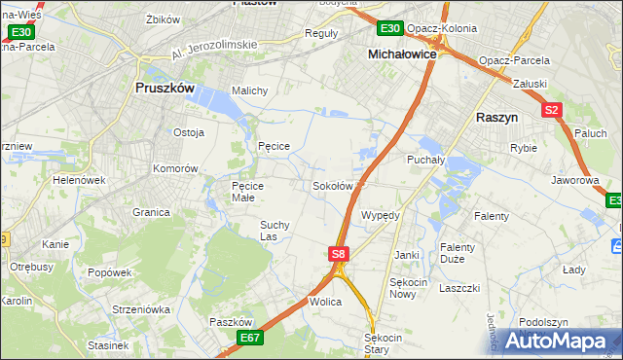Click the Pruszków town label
pyautogui.click(x=164, y=88)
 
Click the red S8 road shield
pyautogui.click(x=338, y=254)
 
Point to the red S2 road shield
pyautogui.click(x=552, y=111)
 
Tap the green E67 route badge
pyautogui.click(x=250, y=337)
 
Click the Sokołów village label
pyautogui.click(x=332, y=186)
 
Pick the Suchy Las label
pyautogui.click(x=274, y=230)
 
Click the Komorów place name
pyautogui.click(x=175, y=168)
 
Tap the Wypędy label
pyautogui.click(x=380, y=215)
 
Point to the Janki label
pyautogui.click(x=406, y=255)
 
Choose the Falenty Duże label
pyautogui.click(x=458, y=253)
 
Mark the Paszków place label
pyautogui.click(x=231, y=322)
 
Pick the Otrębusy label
pyautogui.click(x=30, y=266)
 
